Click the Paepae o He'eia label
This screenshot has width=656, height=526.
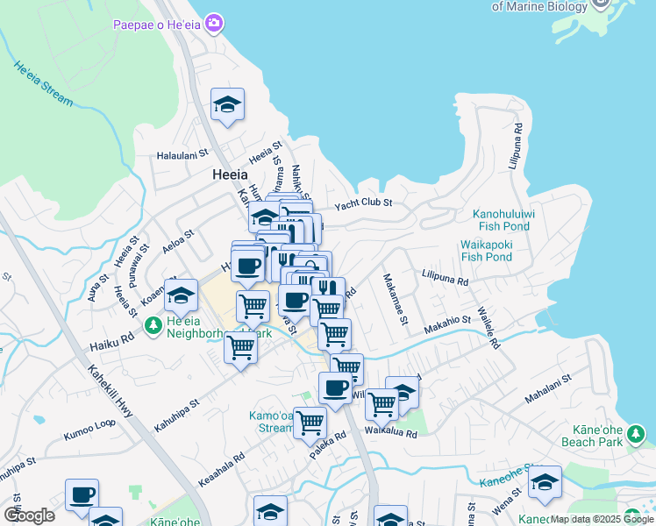point(156,24)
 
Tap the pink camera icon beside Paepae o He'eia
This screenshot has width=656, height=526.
point(214,22)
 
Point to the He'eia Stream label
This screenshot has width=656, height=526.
point(43,82)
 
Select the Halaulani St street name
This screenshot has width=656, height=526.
point(182,155)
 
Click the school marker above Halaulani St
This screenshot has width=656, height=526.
point(227,106)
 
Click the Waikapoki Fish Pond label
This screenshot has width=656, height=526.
point(486,251)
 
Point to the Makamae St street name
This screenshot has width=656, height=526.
point(394,299)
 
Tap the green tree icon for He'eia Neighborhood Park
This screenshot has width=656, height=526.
point(153,326)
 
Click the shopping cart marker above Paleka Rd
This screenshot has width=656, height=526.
point(310,422)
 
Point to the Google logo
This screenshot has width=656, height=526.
point(29,515)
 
